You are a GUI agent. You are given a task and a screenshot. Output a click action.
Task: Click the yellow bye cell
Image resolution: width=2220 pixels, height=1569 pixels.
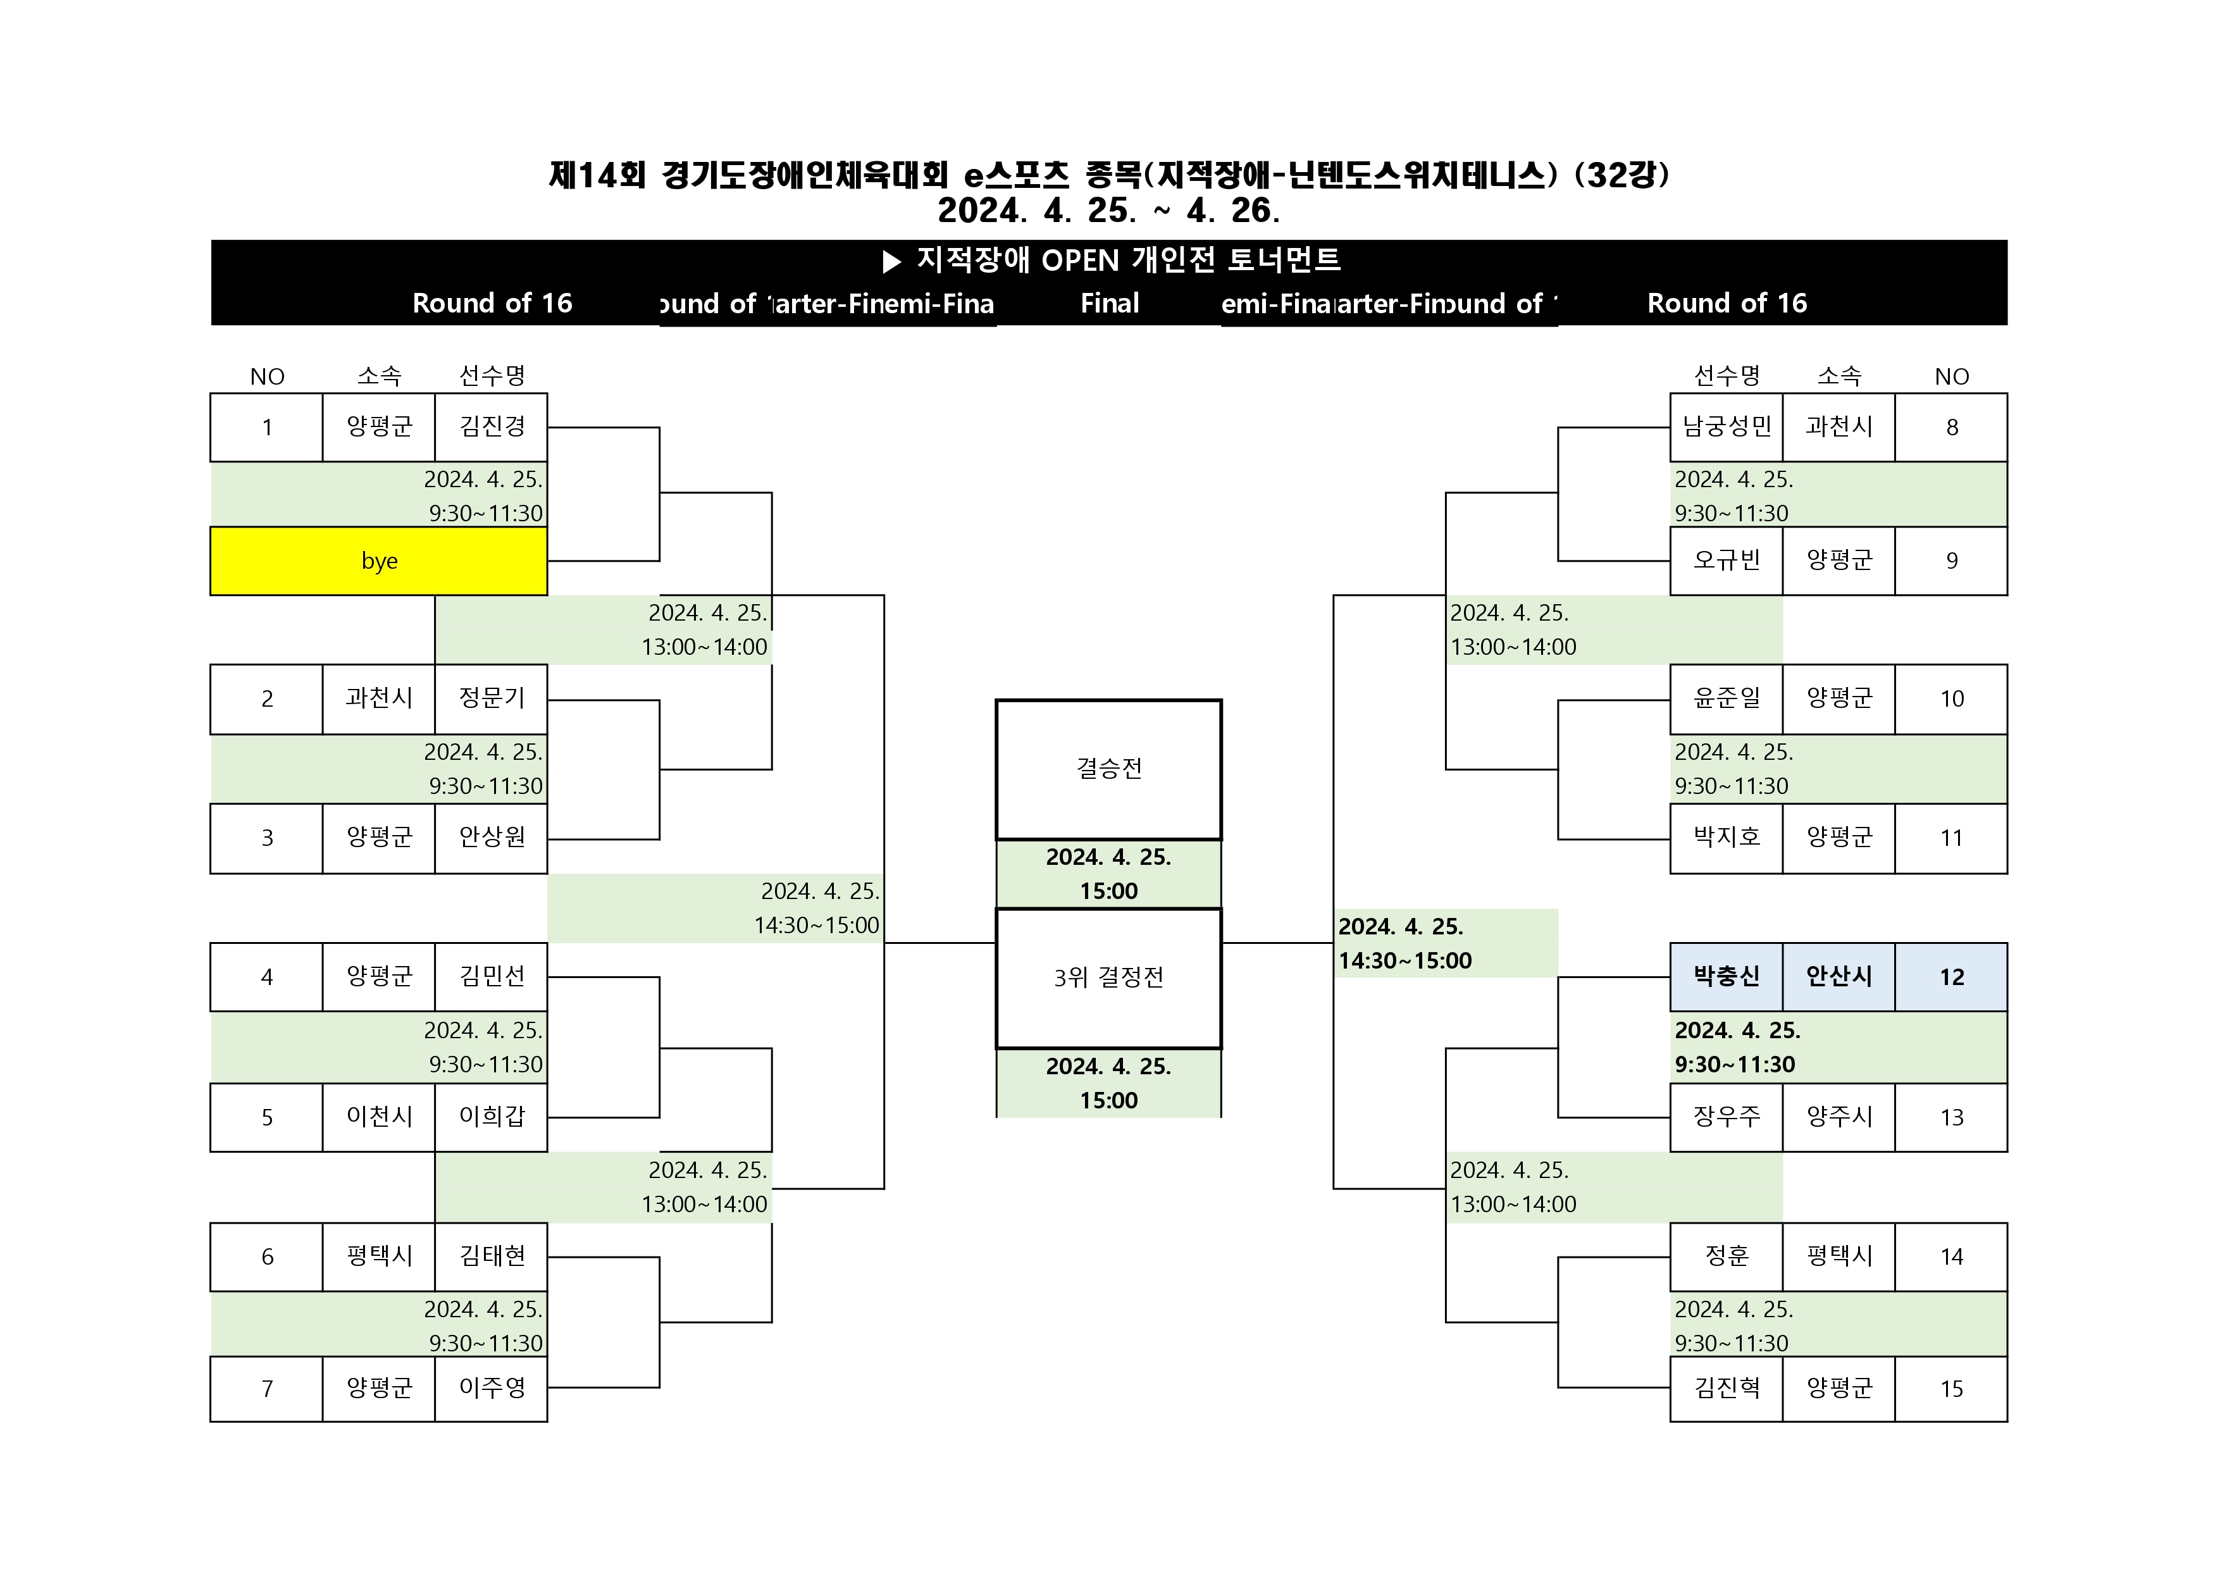378,561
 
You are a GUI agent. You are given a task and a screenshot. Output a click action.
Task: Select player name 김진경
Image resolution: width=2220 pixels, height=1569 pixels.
491,426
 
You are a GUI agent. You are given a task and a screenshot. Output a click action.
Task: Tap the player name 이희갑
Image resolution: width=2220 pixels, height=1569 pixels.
491,1117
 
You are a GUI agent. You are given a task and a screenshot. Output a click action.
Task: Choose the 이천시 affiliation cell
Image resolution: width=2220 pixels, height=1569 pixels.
379,1117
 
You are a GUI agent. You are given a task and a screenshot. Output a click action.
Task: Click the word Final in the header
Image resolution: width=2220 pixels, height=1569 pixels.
1109,304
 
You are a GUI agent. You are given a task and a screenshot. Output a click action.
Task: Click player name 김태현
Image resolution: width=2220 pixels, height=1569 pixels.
491,1256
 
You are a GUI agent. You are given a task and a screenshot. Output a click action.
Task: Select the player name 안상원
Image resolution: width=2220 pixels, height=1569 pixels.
491,837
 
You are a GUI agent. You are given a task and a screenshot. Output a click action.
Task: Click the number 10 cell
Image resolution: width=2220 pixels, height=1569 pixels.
1950,699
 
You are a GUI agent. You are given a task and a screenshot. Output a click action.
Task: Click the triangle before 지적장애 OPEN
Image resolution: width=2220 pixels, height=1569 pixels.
891,261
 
